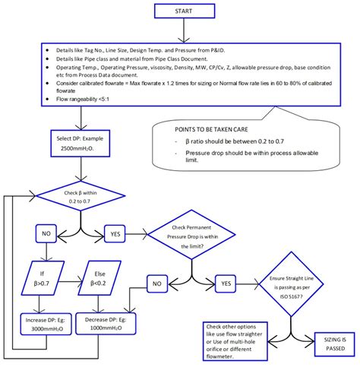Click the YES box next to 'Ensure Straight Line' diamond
226,283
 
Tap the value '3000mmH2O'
47,331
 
